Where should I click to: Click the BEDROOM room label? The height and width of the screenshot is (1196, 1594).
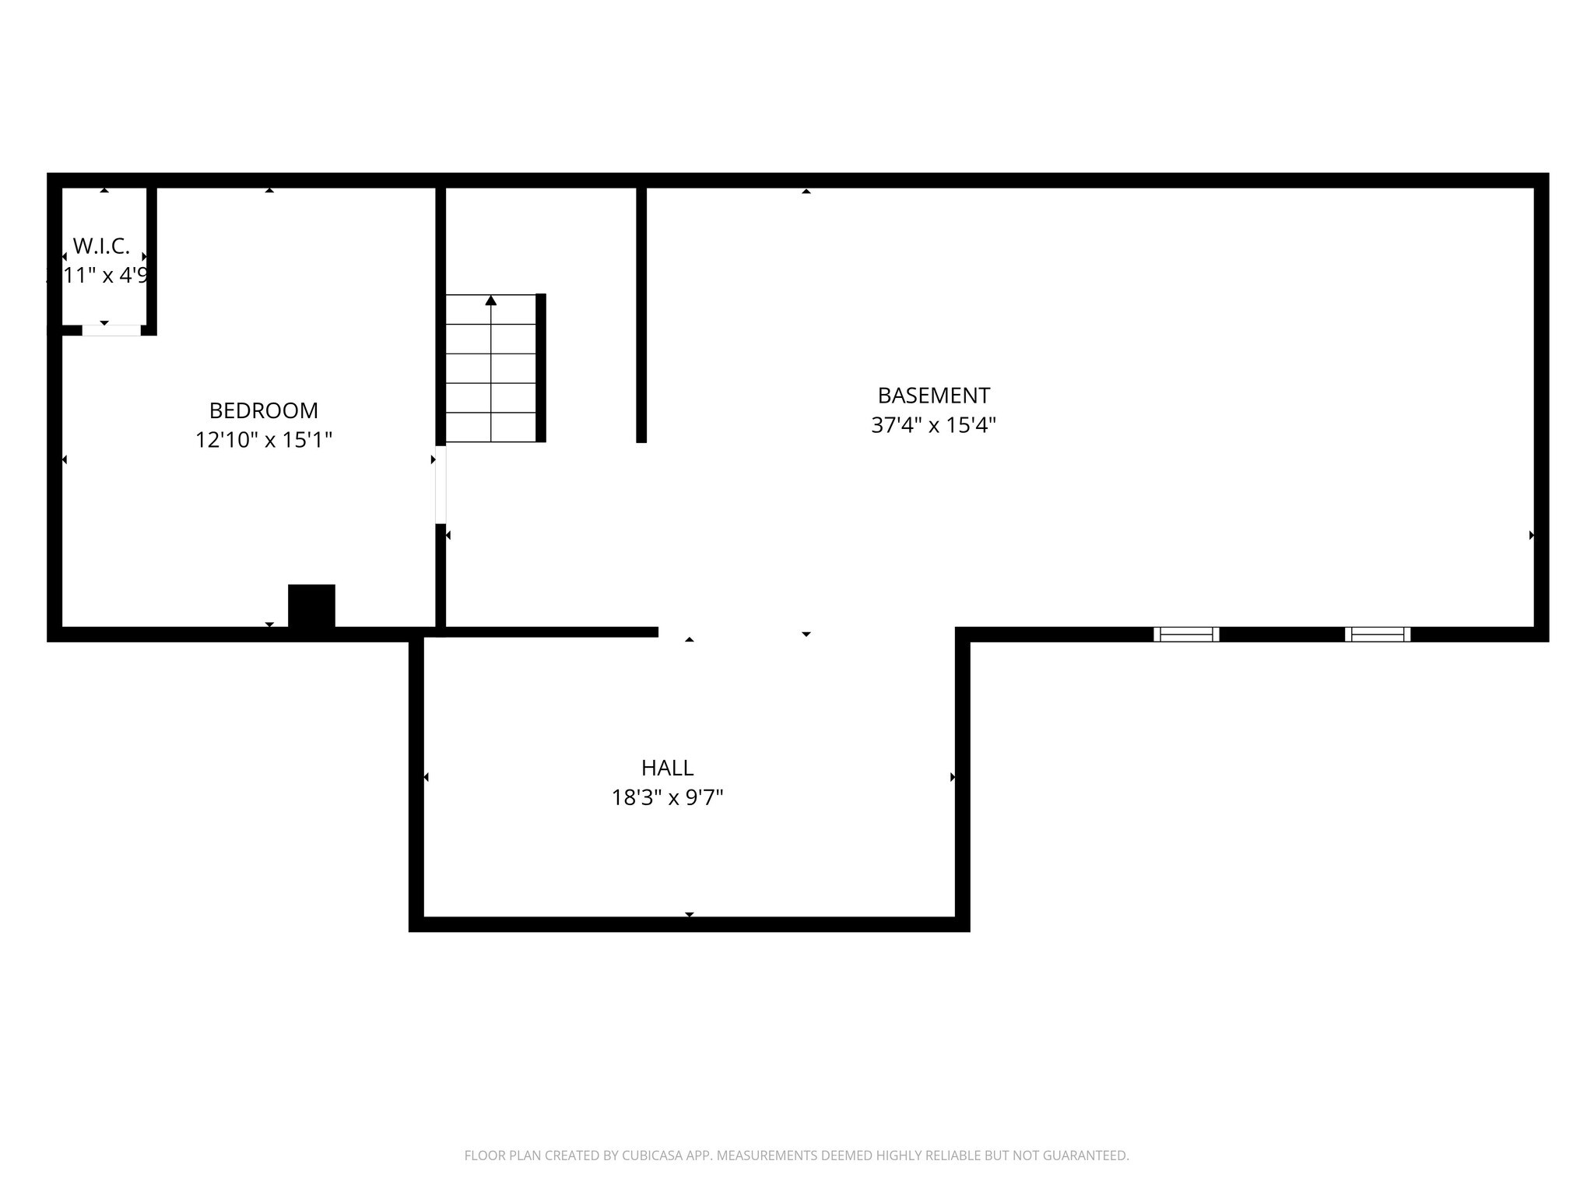point(263,410)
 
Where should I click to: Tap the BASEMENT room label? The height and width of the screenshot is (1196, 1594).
point(933,396)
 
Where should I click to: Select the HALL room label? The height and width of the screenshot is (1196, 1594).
point(667,768)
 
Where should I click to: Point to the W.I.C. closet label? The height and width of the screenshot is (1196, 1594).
point(101,246)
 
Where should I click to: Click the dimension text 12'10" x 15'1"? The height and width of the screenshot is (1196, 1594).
point(263,440)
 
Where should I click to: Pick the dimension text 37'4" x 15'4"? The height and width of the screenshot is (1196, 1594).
point(933,425)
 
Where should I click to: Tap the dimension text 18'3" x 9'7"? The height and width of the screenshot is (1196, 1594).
point(667,797)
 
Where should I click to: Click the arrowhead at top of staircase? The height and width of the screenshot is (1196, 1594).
point(490,301)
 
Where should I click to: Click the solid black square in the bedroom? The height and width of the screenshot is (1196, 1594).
point(311,606)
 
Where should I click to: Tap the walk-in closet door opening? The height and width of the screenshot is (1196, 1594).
point(111,330)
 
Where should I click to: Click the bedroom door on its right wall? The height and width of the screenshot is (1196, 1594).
point(441,484)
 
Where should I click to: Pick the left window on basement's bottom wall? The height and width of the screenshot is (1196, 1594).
point(1186,634)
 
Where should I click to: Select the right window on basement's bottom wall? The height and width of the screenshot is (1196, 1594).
point(1378,634)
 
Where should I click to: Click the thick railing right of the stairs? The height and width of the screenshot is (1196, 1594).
point(541,368)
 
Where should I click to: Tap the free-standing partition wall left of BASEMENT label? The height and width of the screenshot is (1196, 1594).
point(641,315)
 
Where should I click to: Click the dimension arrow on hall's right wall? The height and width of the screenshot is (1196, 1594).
point(953,777)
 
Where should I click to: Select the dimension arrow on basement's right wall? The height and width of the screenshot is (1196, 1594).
point(1531,535)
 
